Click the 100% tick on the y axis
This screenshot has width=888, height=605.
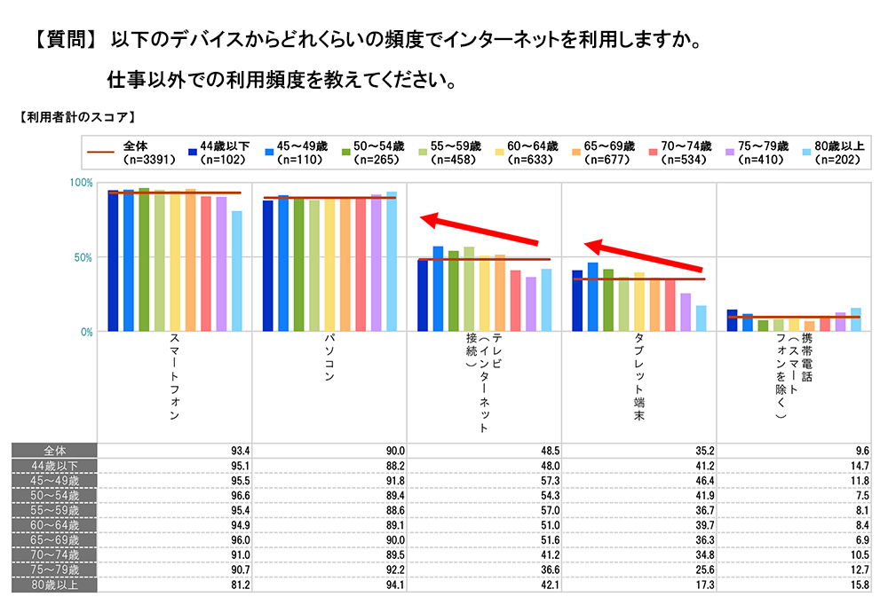[x=82, y=182]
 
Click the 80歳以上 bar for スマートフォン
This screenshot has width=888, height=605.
[x=237, y=271]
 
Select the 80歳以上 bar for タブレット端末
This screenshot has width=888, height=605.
[x=702, y=318]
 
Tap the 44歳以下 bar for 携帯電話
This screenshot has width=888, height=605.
[x=732, y=320]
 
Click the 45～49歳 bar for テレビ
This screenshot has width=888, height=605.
[x=438, y=288]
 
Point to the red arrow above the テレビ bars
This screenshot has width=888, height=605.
[x=480, y=230]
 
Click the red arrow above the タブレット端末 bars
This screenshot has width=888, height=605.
[x=644, y=255]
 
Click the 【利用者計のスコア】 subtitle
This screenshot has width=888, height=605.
[x=75, y=116]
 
